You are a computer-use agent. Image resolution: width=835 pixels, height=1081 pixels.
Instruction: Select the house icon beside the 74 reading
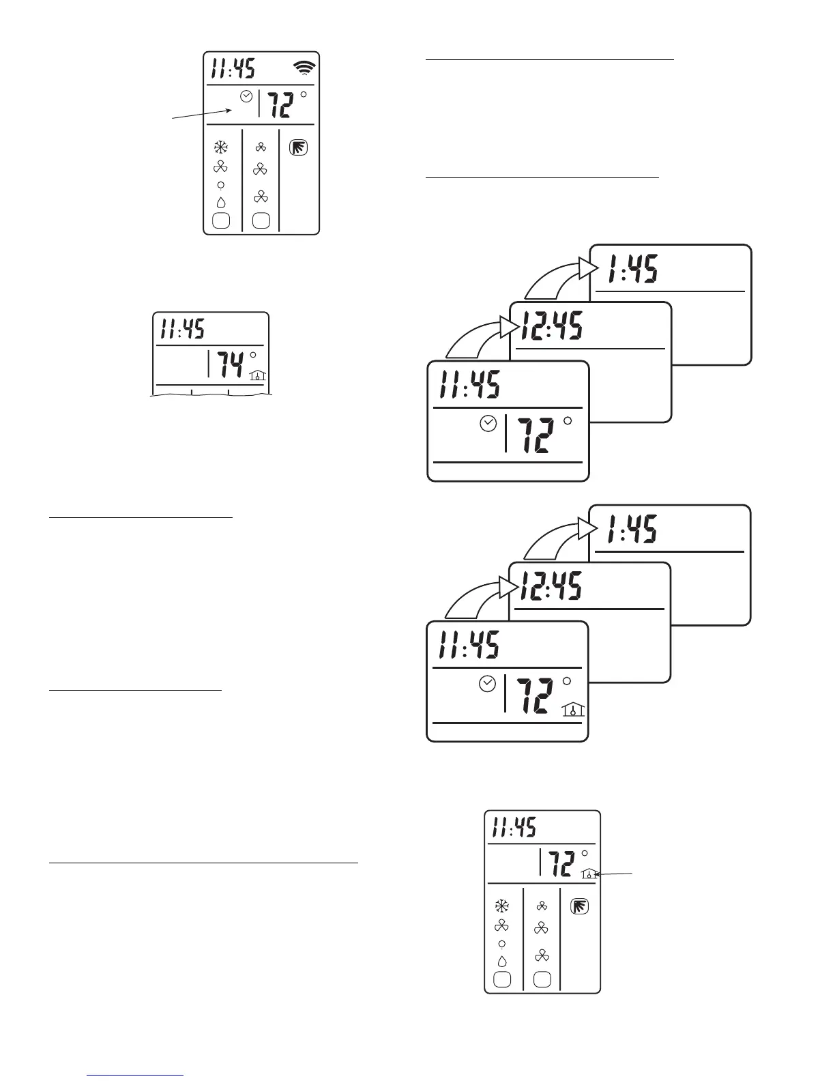257,374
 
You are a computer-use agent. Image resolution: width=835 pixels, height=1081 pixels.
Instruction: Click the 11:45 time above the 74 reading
182,330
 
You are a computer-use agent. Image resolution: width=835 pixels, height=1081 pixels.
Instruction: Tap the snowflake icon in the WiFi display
220,147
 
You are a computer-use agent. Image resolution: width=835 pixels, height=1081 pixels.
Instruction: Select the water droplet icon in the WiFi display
220,203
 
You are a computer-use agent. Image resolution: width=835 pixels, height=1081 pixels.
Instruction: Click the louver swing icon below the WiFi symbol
298,147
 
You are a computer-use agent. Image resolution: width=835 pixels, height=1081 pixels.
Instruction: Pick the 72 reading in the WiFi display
281,105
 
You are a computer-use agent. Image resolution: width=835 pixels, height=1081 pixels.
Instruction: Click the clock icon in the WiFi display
246,97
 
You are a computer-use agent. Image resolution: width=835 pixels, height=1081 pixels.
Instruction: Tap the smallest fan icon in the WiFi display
261,147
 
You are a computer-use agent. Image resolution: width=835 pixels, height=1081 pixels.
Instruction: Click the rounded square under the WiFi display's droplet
220,220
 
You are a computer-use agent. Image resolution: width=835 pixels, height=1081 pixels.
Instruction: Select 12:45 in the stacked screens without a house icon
552,326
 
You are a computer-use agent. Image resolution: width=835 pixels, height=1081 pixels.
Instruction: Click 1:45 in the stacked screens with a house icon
632,529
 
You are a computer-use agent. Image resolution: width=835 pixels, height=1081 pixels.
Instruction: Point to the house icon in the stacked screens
574,710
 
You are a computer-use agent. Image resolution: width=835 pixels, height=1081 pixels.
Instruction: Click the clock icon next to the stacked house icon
487,684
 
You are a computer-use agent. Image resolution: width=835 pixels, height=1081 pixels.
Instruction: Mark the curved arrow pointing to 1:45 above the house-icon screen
553,539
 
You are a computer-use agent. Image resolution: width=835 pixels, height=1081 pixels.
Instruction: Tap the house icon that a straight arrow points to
588,873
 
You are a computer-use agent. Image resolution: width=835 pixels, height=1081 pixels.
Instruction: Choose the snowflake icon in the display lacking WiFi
501,906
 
